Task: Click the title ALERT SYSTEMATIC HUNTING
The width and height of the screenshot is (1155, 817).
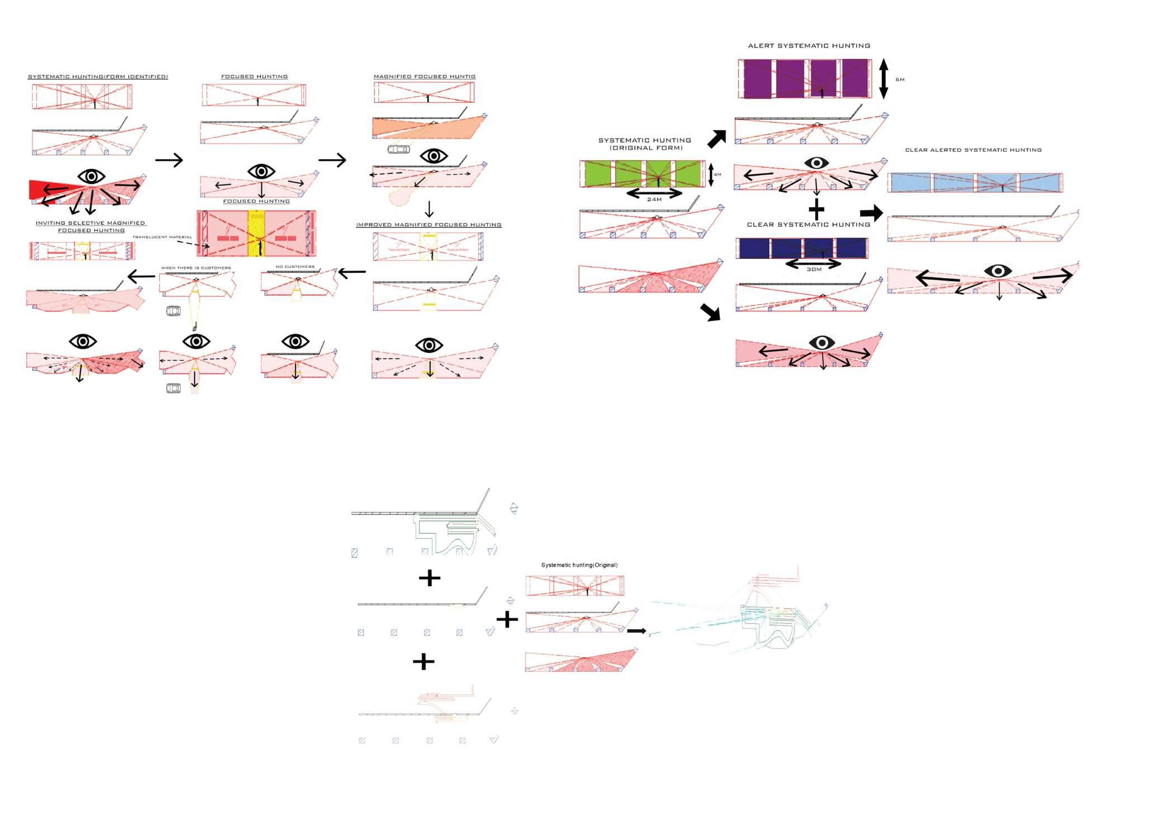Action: [809, 46]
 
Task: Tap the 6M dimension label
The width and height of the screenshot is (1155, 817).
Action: [900, 80]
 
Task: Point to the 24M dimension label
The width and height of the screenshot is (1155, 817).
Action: [654, 199]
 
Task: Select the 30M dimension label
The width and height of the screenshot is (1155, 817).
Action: [814, 269]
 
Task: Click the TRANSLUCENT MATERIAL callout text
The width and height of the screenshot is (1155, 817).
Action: [162, 237]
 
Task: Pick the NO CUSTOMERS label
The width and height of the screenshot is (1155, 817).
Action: [295, 267]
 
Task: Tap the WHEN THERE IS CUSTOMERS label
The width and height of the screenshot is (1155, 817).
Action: [196, 268]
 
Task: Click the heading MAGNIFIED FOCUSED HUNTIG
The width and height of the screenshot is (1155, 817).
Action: [424, 77]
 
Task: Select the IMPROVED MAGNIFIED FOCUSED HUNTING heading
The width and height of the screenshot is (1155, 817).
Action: [429, 225]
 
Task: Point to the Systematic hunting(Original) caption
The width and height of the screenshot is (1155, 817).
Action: [579, 565]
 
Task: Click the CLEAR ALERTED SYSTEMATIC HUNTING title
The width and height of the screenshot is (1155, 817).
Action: [973, 150]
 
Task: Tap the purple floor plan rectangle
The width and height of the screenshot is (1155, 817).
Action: [805, 79]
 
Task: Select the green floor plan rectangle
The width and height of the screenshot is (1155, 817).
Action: [643, 174]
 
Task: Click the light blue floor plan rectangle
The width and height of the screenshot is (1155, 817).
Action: [975, 183]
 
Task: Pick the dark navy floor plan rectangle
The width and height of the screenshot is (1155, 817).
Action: [802, 248]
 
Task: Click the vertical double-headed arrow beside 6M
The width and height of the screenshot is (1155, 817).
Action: [883, 79]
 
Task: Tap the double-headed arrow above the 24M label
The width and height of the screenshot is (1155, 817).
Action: [654, 193]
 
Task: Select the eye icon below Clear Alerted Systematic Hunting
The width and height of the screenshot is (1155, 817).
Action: [998, 272]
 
